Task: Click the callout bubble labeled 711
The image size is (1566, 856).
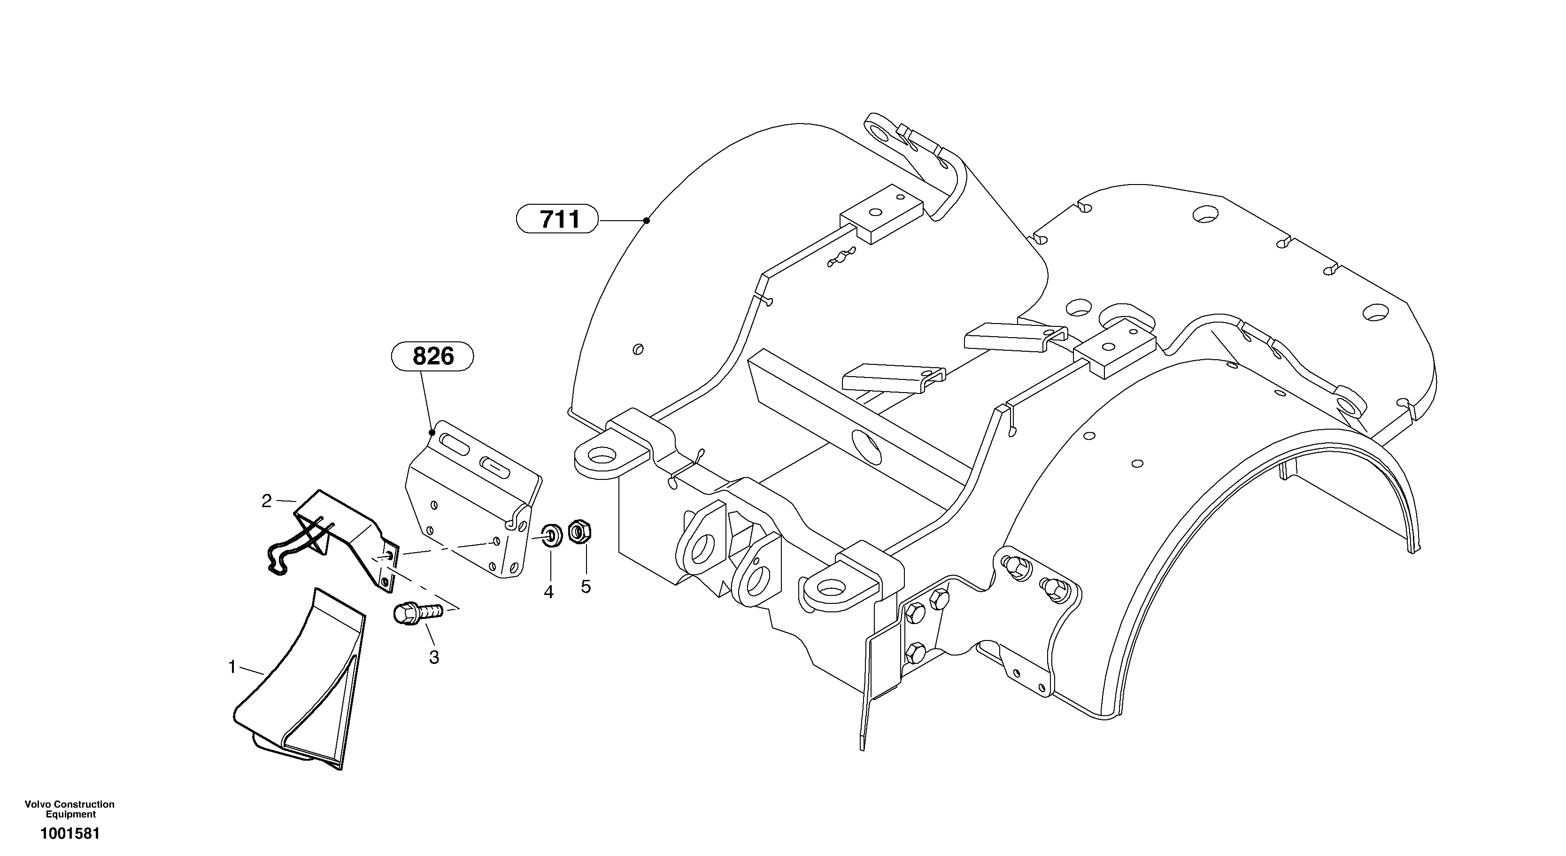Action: (x=557, y=219)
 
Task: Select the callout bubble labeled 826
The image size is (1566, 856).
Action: (x=432, y=356)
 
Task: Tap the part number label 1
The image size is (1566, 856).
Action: (x=231, y=668)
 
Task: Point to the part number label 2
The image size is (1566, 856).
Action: (x=266, y=501)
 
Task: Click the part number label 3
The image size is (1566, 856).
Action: (x=434, y=657)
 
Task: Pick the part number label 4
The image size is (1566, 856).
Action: (x=548, y=592)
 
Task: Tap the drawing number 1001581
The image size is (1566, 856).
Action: (x=70, y=833)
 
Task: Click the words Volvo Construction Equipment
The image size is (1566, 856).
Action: (x=70, y=809)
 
